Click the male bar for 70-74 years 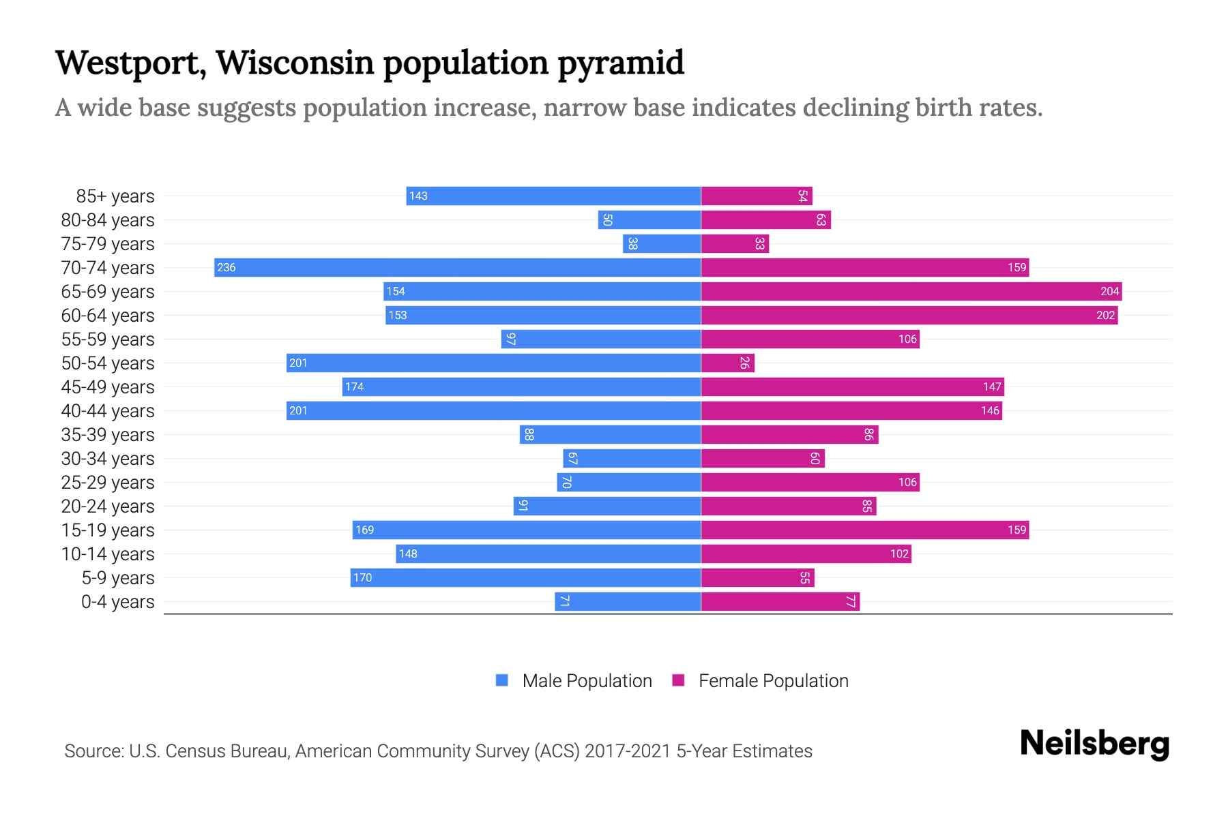click(457, 267)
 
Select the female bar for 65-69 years click(911, 291)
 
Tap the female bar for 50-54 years click(727, 363)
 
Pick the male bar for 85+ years click(553, 196)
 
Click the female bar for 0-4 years click(780, 601)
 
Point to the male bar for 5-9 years click(525, 577)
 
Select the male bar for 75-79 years click(662, 243)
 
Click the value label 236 click(226, 267)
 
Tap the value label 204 click(1109, 291)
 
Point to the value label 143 click(418, 196)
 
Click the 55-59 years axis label click(108, 339)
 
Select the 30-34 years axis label click(108, 459)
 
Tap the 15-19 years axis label click(108, 530)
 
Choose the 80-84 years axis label click(108, 220)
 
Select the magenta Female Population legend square click(678, 680)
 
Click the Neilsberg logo click(1094, 744)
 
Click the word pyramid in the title click(621, 63)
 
